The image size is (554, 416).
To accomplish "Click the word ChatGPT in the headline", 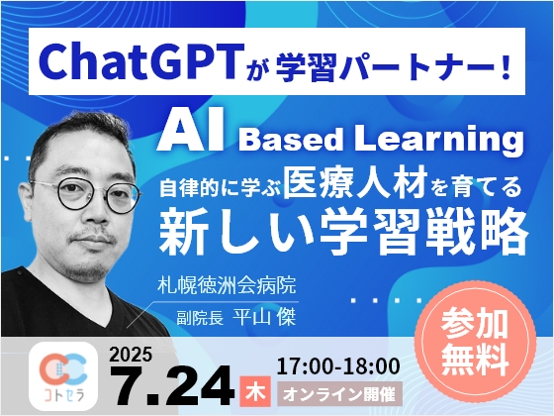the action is pos(142,60).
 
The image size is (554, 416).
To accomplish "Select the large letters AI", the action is pos(191,130).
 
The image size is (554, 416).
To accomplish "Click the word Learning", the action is pos(439,139).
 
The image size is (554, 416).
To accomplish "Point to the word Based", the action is pos(291,140).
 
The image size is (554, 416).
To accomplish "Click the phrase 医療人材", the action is pos(356,184).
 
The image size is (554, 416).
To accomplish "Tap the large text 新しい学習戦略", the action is pos(343,232).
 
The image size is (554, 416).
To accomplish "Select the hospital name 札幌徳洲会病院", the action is pos(227,285).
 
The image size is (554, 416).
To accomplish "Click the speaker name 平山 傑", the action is pos(264,317).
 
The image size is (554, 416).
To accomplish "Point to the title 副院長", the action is pos(200,317).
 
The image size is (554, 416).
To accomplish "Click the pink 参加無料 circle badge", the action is pos(476,342).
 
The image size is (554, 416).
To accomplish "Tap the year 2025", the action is pos(131,354).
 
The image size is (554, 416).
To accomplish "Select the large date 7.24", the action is pos(172,385).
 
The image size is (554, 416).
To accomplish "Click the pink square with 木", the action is pos(255,391).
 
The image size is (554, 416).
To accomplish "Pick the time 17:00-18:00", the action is pos(338,366).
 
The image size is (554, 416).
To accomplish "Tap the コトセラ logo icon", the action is pos(63,375).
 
